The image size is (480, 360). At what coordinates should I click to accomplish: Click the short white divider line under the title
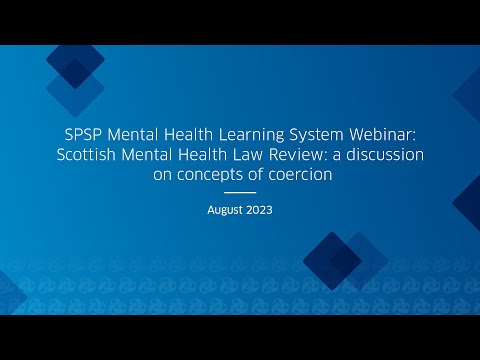pyautogui.click(x=240, y=192)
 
